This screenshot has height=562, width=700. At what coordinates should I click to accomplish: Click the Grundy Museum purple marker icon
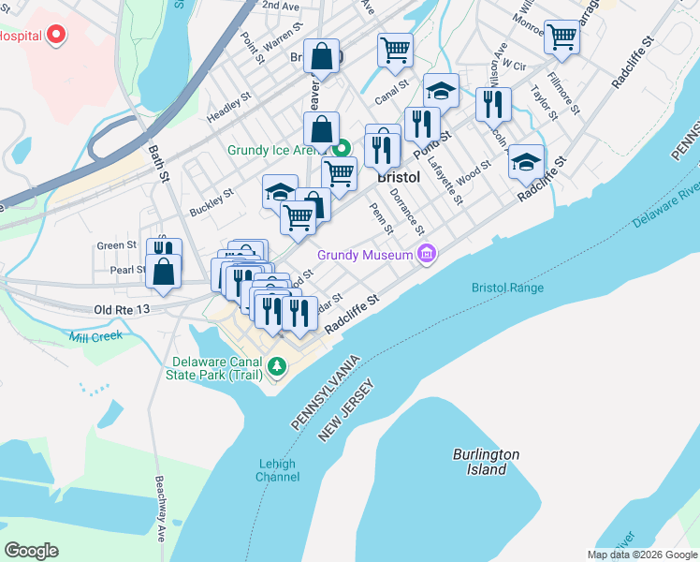click(x=427, y=254)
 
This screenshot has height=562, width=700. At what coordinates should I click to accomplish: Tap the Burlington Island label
click(x=486, y=462)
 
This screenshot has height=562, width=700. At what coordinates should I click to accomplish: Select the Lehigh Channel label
click(x=277, y=470)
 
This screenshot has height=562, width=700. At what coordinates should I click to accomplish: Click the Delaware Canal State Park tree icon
click(x=276, y=367)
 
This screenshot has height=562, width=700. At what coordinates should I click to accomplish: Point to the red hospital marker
click(x=56, y=37)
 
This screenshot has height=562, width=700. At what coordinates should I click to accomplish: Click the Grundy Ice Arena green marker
click(x=343, y=149)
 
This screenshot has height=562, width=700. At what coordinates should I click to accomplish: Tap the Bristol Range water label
click(x=507, y=288)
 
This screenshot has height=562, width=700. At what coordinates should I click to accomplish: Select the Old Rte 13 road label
click(x=123, y=308)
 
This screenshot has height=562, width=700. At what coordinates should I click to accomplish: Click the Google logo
click(x=31, y=551)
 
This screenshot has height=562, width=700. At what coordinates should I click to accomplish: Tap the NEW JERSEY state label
click(x=346, y=409)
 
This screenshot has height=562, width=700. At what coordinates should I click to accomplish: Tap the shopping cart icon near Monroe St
click(x=561, y=37)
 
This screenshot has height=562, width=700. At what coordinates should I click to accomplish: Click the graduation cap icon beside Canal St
click(x=442, y=91)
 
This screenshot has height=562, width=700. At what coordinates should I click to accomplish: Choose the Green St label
click(x=117, y=245)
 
